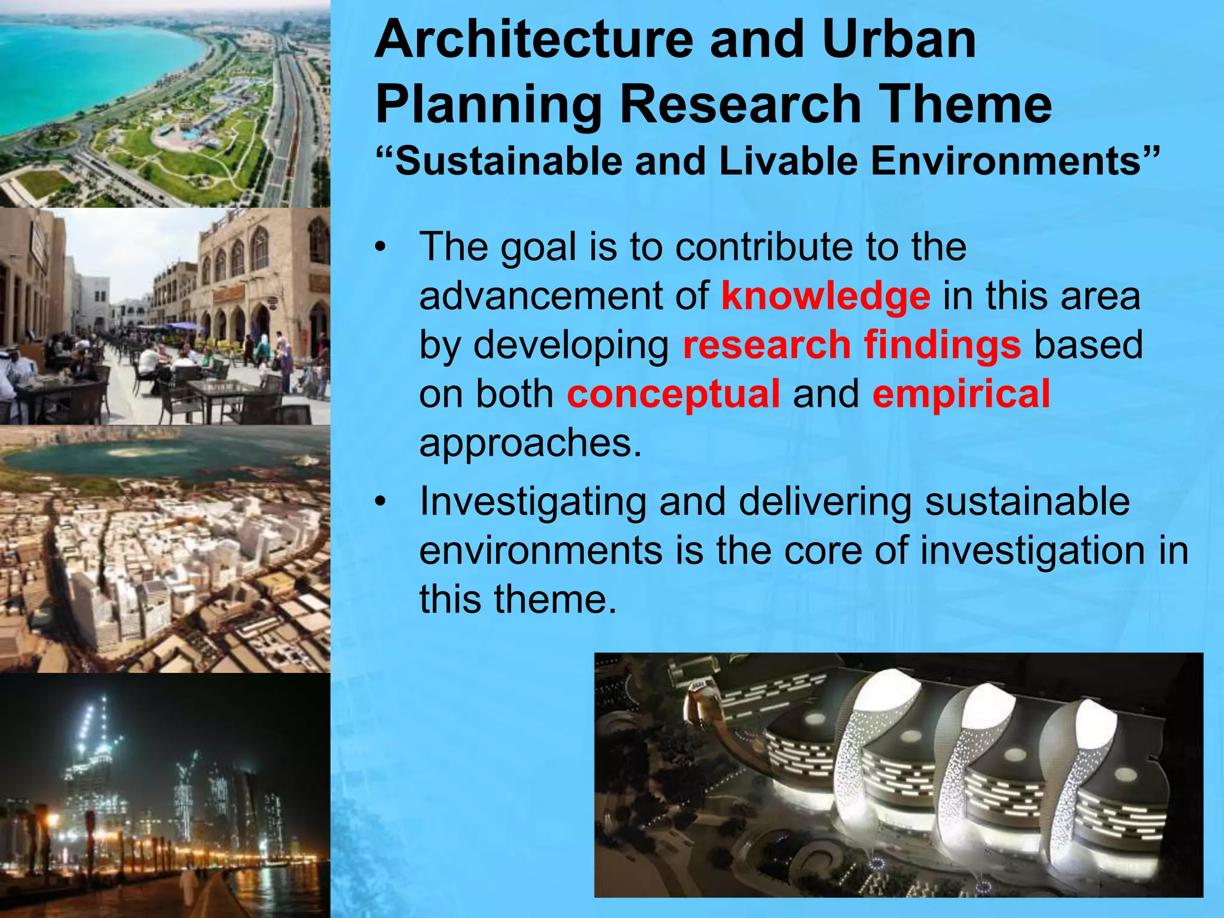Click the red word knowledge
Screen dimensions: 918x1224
pos(825,297)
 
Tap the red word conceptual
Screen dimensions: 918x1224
pos(673,394)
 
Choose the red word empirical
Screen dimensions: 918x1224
pos(960,394)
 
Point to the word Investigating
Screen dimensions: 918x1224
pos(533,502)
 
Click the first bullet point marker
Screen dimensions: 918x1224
pos(381,247)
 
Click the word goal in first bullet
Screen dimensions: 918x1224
pos(538,248)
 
